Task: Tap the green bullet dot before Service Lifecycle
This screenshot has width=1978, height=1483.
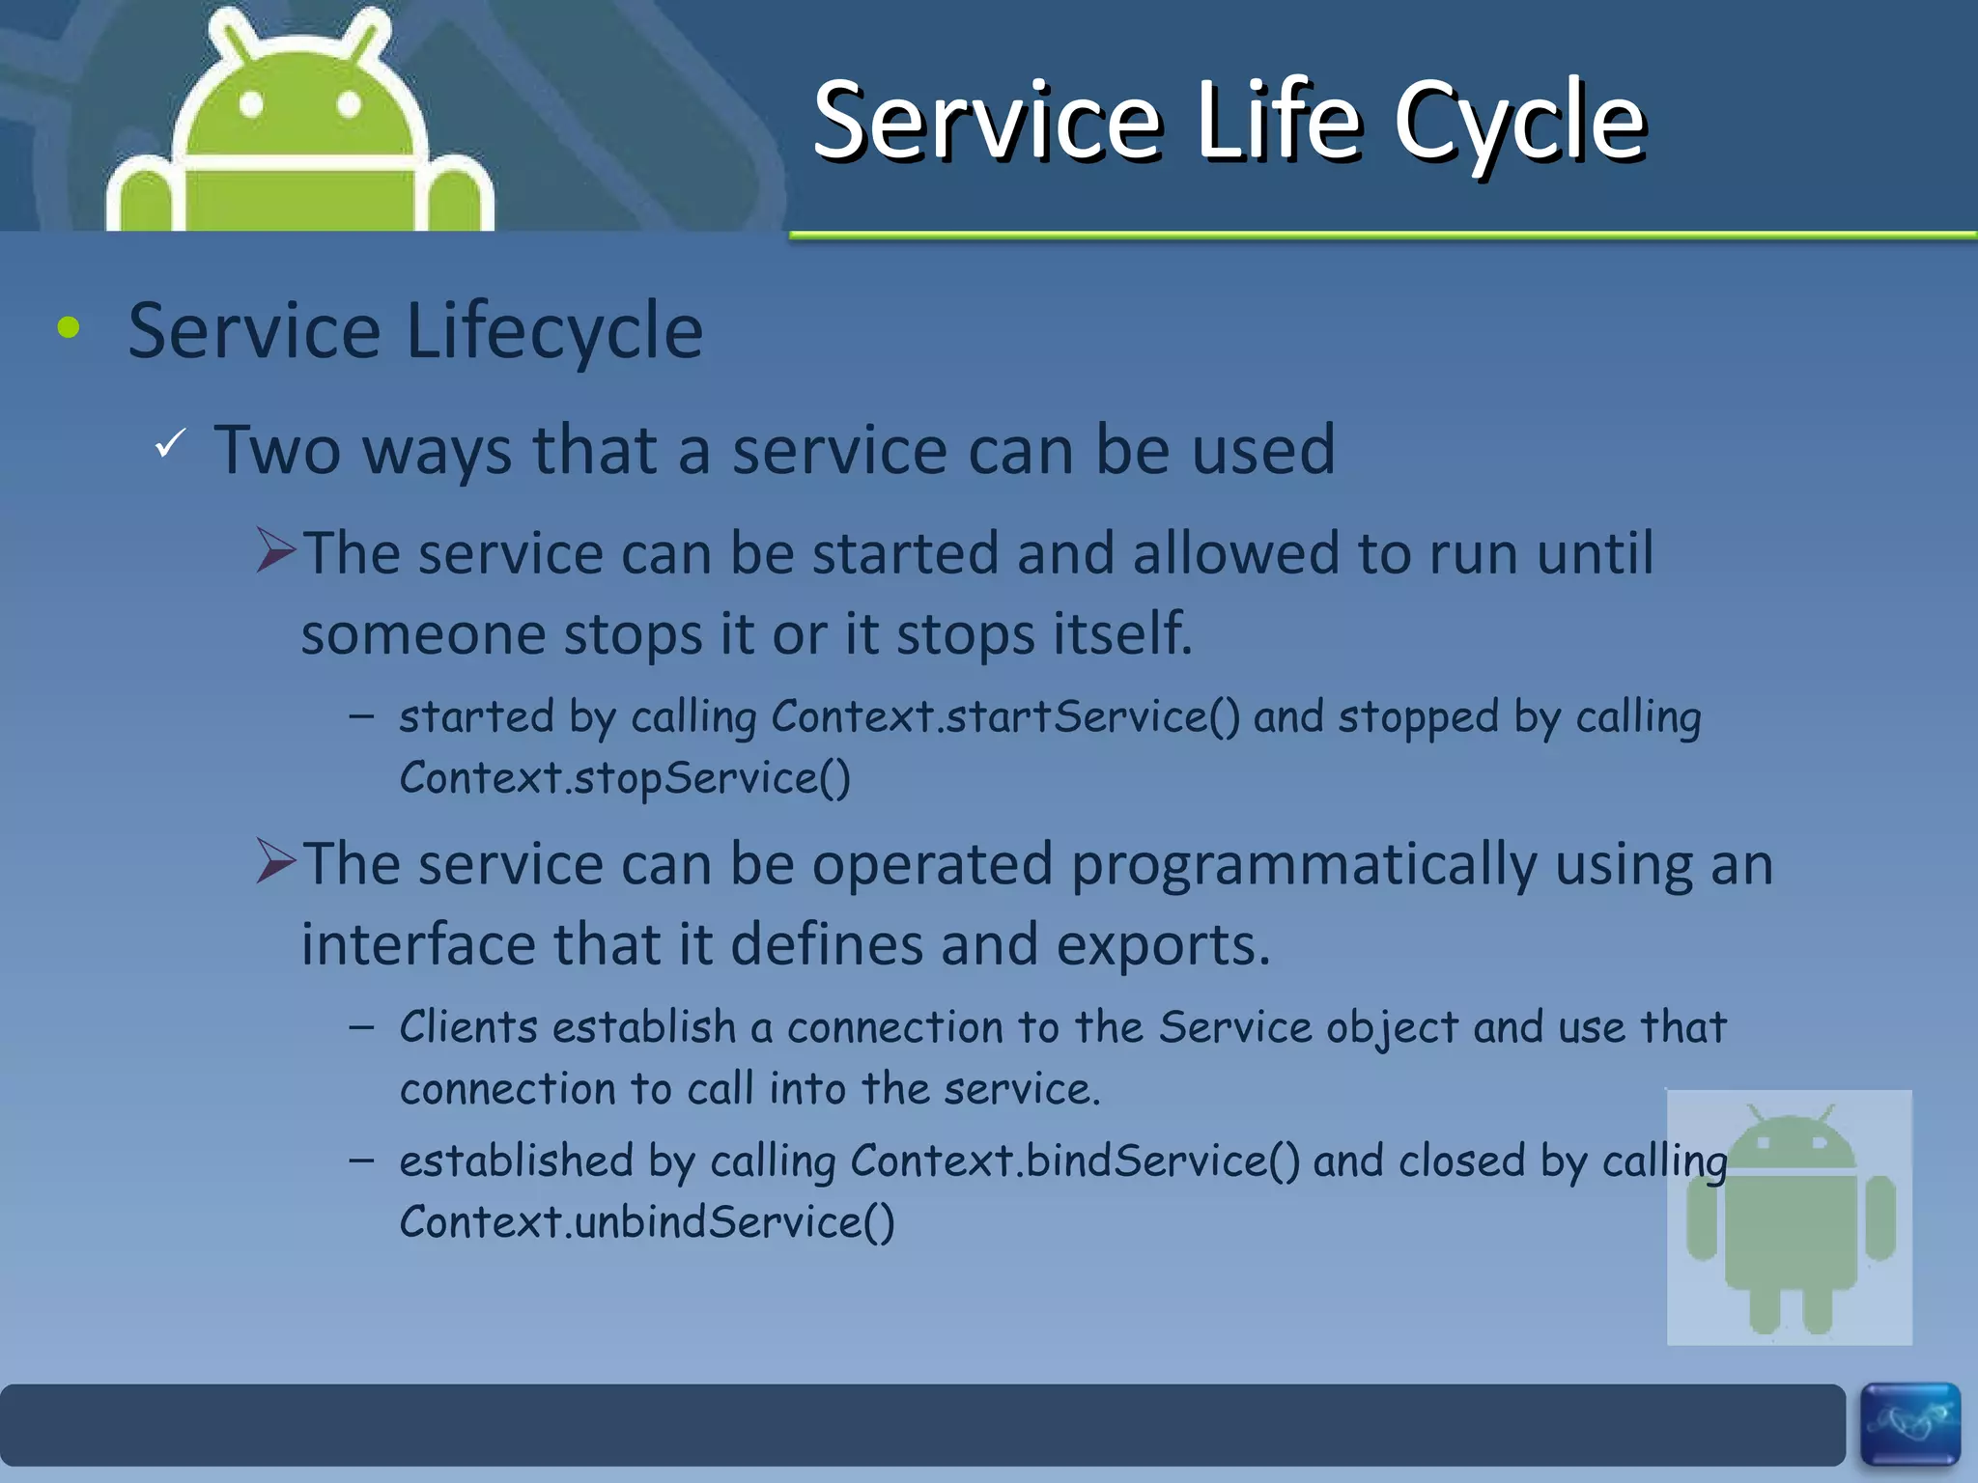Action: [x=69, y=328]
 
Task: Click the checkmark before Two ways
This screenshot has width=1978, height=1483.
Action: [x=170, y=443]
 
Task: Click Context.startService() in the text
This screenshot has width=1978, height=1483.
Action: [x=1004, y=717]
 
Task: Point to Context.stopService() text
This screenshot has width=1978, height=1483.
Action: [x=625, y=778]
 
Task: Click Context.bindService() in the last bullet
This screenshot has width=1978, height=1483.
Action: [x=1075, y=1161]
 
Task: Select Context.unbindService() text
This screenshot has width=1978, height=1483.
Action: [x=647, y=1222]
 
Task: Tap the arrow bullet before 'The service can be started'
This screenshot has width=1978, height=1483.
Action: [x=276, y=550]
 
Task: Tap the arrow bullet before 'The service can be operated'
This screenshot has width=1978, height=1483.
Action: [x=276, y=861]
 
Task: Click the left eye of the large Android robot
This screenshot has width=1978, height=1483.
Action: [x=251, y=104]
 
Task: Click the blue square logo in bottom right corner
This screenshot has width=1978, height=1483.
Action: [x=1909, y=1423]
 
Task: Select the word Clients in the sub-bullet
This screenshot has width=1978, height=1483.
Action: [x=468, y=1027]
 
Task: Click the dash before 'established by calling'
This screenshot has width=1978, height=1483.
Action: [x=362, y=1160]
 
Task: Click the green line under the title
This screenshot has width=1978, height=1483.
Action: [x=1381, y=235]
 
